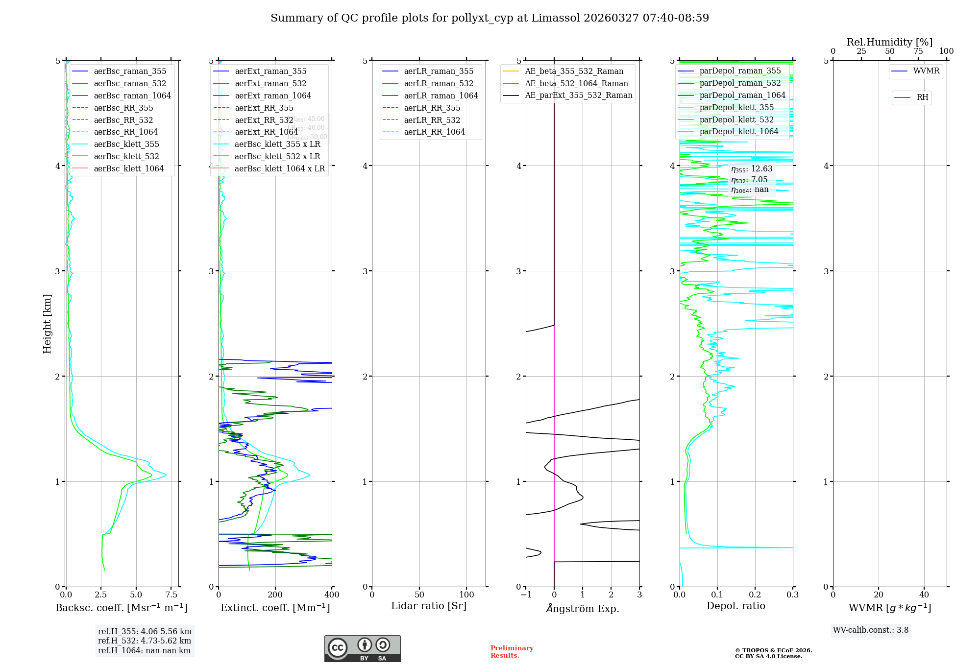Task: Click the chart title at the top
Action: click(x=490, y=18)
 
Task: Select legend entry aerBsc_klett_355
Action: click(x=126, y=144)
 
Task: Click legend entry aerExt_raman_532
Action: click(x=270, y=83)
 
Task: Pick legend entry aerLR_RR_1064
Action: click(x=434, y=132)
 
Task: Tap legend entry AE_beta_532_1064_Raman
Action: click(x=576, y=83)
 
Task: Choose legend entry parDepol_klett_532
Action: click(x=736, y=119)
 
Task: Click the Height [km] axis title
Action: click(x=47, y=323)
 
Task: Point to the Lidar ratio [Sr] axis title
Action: click(x=429, y=606)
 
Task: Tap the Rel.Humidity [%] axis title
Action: click(x=889, y=42)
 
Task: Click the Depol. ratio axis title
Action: click(x=735, y=606)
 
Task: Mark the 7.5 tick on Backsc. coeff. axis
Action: click(x=171, y=595)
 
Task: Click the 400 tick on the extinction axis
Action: click(x=332, y=595)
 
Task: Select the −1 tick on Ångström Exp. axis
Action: click(x=526, y=595)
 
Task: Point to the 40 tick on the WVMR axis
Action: click(x=924, y=595)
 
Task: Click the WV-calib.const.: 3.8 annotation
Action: click(x=871, y=630)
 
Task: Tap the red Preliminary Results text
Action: click(x=512, y=651)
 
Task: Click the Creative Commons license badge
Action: click(x=362, y=648)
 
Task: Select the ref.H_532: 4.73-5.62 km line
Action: click(x=145, y=641)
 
